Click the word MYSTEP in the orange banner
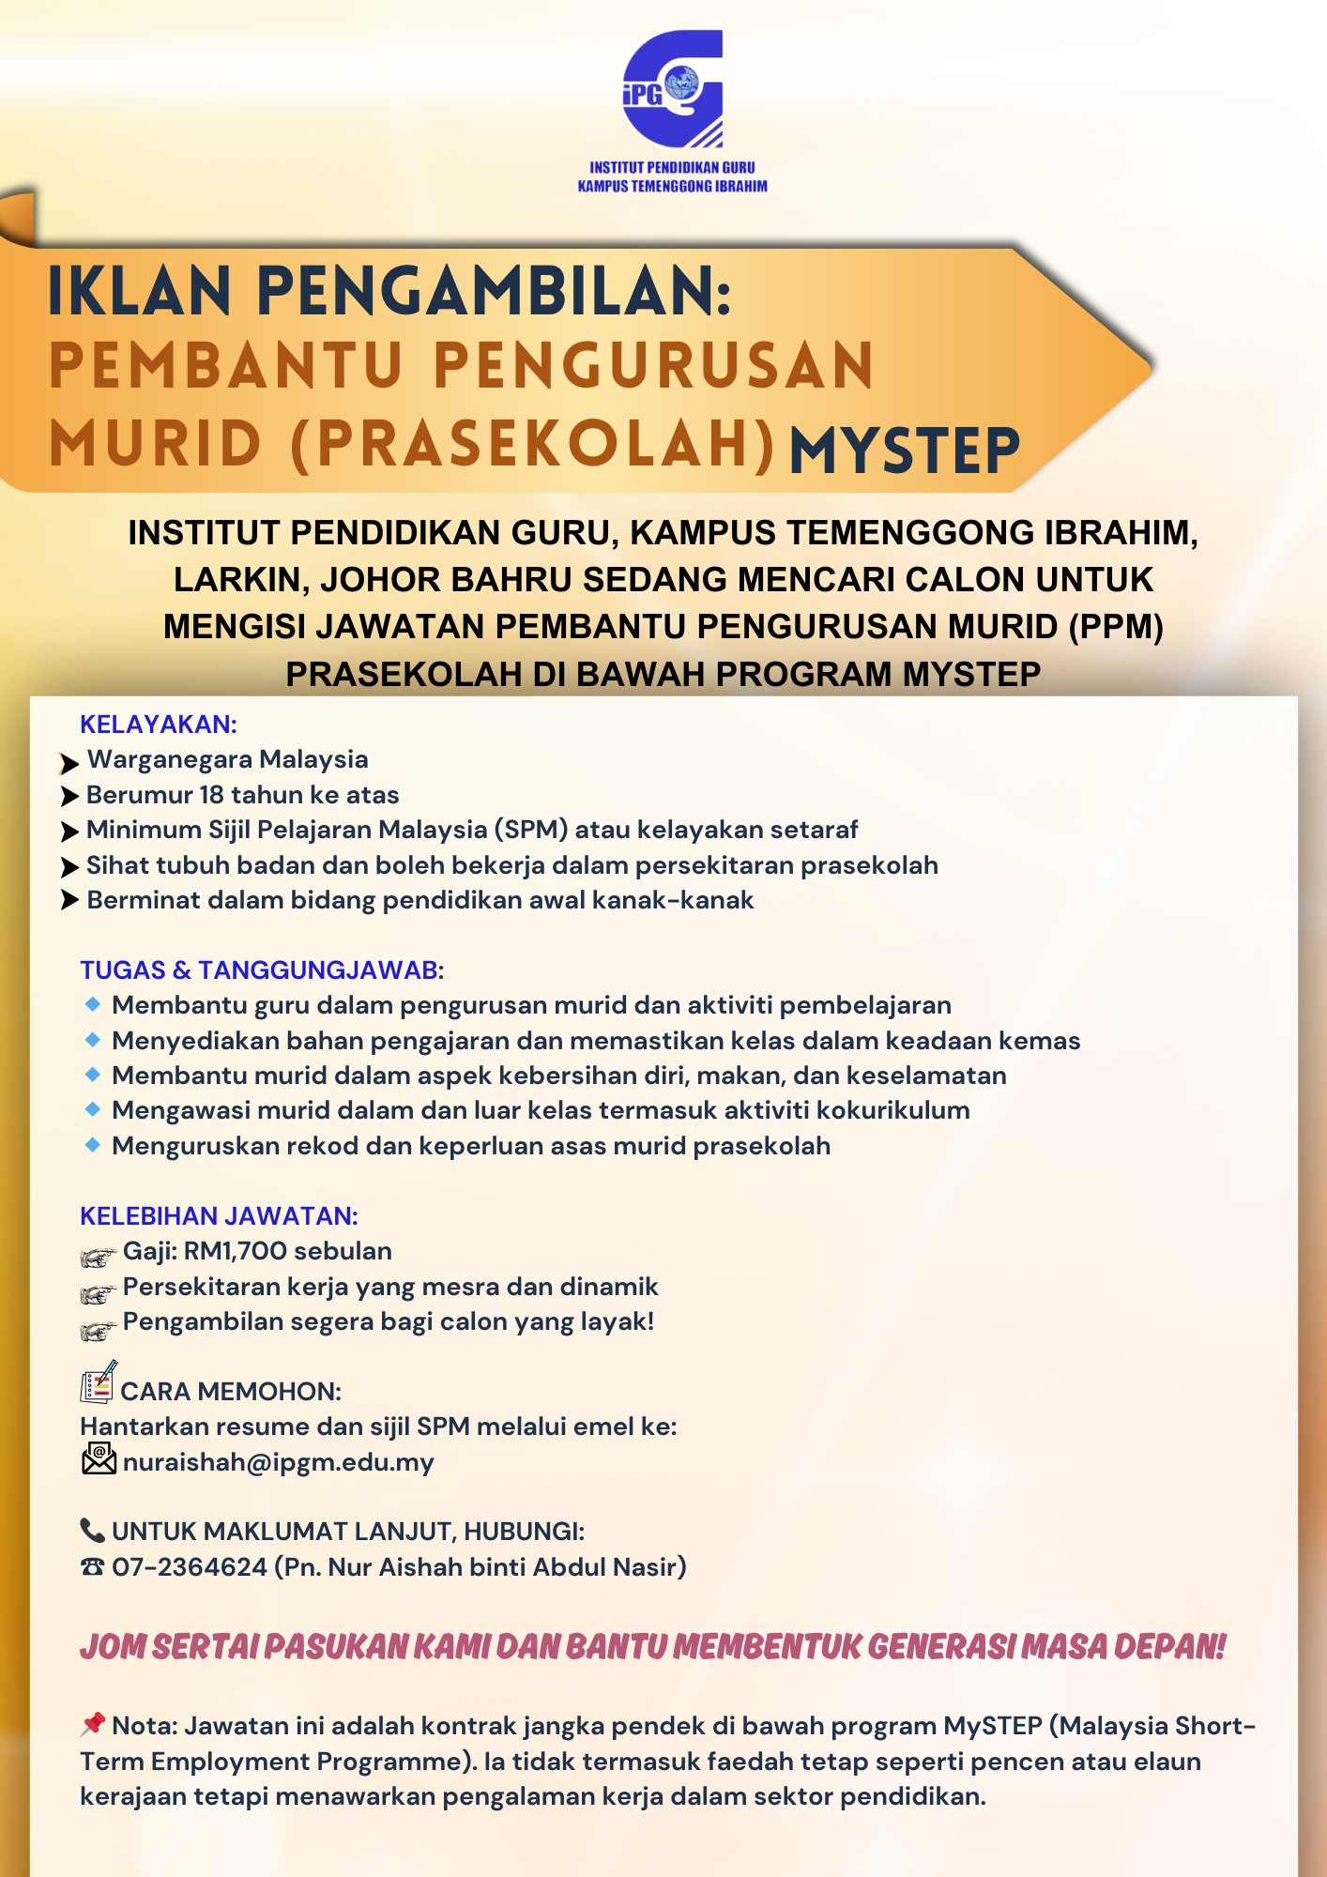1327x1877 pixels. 905,450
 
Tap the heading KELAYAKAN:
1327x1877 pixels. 159,725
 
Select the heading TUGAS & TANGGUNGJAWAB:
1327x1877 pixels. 262,970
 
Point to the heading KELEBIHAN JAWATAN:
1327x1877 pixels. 219,1216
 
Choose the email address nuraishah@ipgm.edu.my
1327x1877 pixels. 279,1462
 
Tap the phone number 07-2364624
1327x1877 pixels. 190,1567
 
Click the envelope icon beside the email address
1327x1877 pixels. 99,1459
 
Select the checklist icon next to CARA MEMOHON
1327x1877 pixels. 98,1382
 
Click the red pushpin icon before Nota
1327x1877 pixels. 92,1724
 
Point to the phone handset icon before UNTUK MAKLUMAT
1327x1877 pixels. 92,1531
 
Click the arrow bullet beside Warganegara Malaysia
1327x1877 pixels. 69,762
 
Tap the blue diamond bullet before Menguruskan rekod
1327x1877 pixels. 92,1145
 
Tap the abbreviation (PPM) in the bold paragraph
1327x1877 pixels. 1116,626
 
